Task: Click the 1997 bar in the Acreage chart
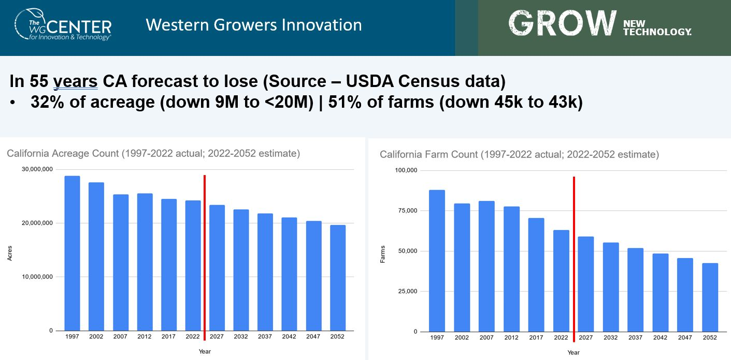tap(72, 253)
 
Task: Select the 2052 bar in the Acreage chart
tap(337, 278)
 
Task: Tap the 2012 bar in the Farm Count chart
tap(511, 269)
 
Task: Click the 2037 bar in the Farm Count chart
tap(635, 290)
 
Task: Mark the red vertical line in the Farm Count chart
tap(574, 259)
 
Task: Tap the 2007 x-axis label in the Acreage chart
tap(120, 337)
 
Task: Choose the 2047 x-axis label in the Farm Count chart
tap(685, 337)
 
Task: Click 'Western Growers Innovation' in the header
tap(253, 25)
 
